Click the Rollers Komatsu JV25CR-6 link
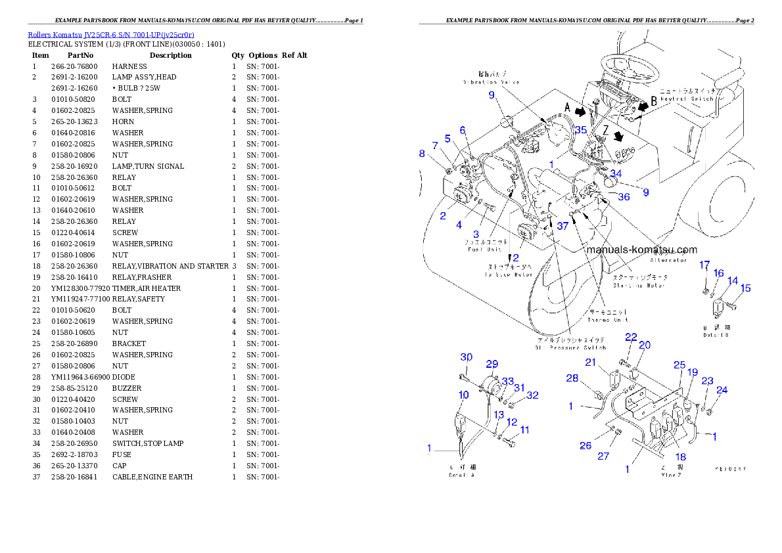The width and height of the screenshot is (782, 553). click(x=110, y=34)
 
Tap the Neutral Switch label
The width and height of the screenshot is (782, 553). click(x=687, y=98)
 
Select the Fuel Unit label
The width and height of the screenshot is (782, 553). click(x=485, y=249)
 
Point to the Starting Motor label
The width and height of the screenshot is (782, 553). click(x=639, y=285)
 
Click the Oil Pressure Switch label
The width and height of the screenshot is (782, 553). click(x=570, y=347)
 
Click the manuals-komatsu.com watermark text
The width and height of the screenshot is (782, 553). click(x=641, y=250)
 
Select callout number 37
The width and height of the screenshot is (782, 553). click(x=563, y=226)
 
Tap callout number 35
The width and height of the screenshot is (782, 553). click(x=580, y=130)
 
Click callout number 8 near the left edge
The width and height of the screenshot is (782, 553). click(x=422, y=154)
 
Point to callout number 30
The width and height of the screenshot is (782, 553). click(x=466, y=357)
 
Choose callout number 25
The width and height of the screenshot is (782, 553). click(x=679, y=365)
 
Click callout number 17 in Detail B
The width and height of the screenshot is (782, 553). click(x=704, y=265)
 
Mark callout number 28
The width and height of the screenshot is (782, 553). click(x=572, y=378)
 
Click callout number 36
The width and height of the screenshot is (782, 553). click(x=623, y=196)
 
